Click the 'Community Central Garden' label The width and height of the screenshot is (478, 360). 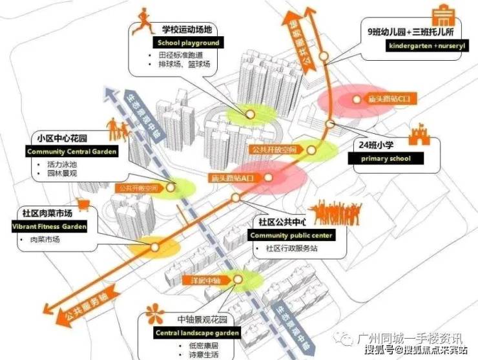pos(72,152)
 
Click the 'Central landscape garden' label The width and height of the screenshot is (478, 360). pos(197,334)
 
